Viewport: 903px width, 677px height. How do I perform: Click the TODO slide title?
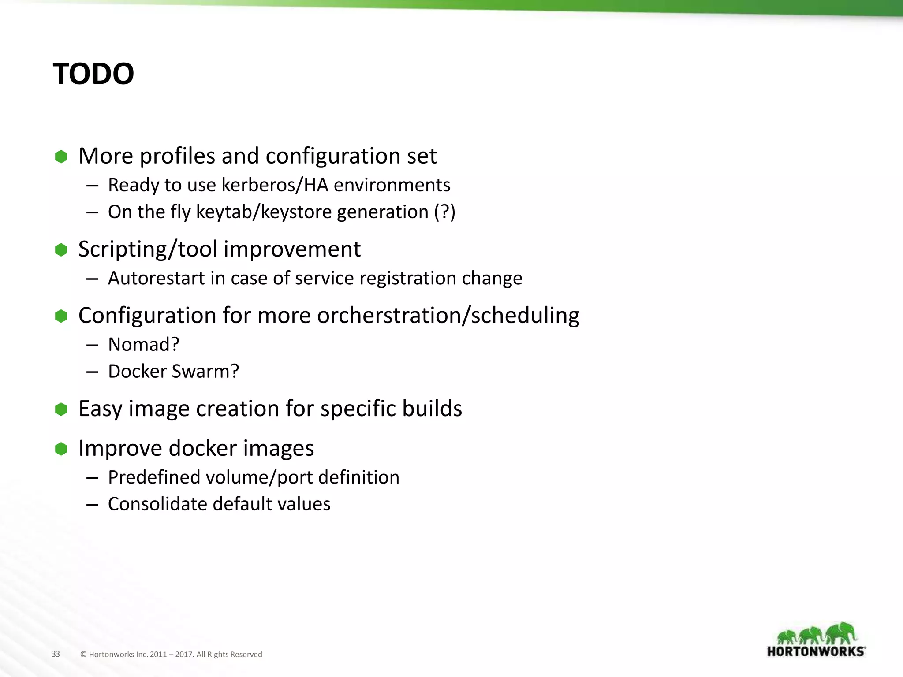pos(93,74)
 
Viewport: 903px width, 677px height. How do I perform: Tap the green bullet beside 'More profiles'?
pos(61,156)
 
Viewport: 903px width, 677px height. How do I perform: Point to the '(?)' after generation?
pos(444,212)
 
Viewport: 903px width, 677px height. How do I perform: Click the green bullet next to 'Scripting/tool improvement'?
pos(61,250)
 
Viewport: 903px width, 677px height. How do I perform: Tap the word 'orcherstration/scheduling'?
pos(448,316)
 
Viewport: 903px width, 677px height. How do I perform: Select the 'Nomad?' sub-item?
pos(144,345)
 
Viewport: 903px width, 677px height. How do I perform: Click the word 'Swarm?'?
pos(205,372)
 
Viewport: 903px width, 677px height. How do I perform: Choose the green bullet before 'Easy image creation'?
pos(61,409)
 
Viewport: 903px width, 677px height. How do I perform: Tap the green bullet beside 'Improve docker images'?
pos(61,449)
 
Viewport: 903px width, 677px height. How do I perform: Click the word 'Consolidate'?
pos(157,504)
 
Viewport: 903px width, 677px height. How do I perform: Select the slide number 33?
pos(56,654)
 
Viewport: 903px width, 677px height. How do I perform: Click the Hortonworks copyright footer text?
pos(171,655)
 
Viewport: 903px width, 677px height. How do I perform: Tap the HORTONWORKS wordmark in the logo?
pos(816,651)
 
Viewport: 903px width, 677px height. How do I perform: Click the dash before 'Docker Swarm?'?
pos(92,372)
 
